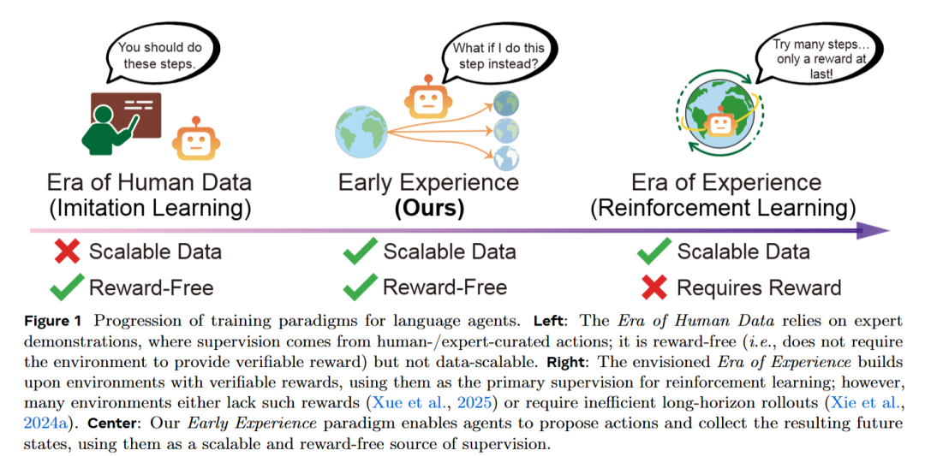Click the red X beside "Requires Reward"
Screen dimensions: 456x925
coord(654,287)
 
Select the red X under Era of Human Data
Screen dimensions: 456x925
coord(68,252)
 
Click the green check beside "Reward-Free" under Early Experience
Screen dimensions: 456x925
coord(360,287)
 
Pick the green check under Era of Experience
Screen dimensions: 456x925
coord(654,252)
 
